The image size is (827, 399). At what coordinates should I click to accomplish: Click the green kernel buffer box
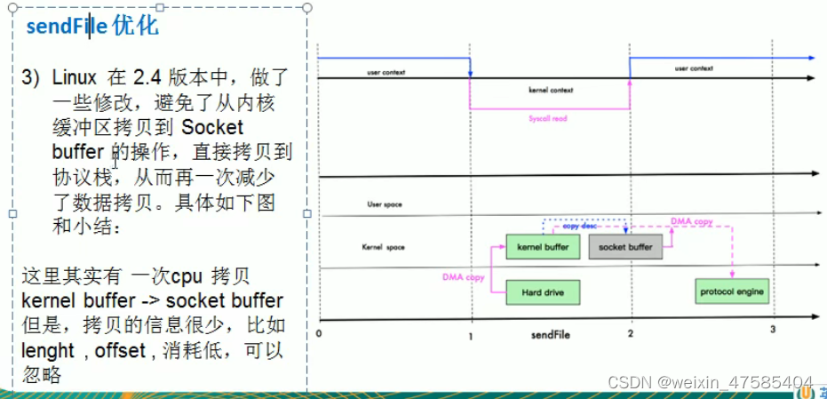click(x=542, y=246)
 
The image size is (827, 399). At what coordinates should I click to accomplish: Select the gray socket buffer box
click(x=625, y=246)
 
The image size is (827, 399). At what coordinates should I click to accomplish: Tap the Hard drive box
click(x=542, y=292)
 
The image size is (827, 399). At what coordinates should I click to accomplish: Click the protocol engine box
click(x=731, y=291)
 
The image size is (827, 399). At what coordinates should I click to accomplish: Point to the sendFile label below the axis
click(x=550, y=334)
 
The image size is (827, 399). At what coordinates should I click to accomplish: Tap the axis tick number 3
click(x=772, y=331)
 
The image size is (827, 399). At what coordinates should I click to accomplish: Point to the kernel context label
click(x=550, y=90)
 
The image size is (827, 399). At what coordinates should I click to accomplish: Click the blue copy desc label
click(x=580, y=227)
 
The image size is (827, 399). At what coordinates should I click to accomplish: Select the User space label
click(x=384, y=204)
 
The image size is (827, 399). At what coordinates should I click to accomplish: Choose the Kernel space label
click(x=384, y=246)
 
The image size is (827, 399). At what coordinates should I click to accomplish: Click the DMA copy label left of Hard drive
click(x=463, y=277)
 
